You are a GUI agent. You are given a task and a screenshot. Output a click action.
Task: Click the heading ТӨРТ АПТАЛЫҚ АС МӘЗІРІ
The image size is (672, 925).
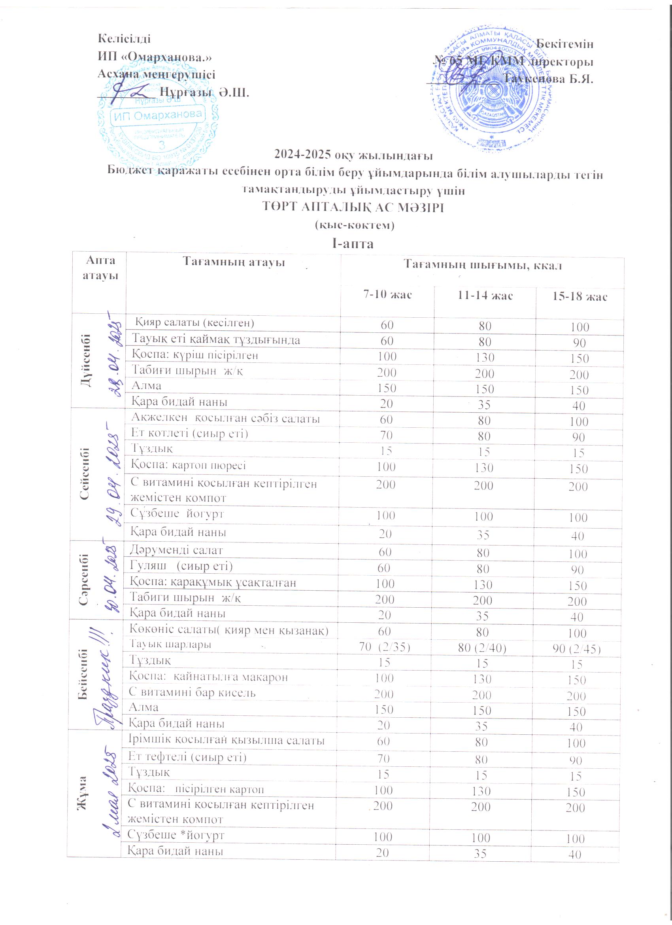point(353,208)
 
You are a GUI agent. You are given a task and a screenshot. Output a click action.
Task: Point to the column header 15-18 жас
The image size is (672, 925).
point(580,296)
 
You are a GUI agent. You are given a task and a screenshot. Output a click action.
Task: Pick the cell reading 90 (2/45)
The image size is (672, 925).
point(577,648)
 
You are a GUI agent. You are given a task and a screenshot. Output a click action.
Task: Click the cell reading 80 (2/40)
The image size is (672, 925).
point(482,648)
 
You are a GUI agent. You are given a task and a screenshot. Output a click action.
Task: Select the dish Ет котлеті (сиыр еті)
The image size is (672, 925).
point(189,434)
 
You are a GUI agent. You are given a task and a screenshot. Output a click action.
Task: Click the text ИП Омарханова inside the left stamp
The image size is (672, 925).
point(158,116)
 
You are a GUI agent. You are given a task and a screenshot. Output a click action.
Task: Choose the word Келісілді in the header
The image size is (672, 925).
point(124,39)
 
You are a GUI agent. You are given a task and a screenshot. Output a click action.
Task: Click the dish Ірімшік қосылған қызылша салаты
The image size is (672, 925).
point(227,740)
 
